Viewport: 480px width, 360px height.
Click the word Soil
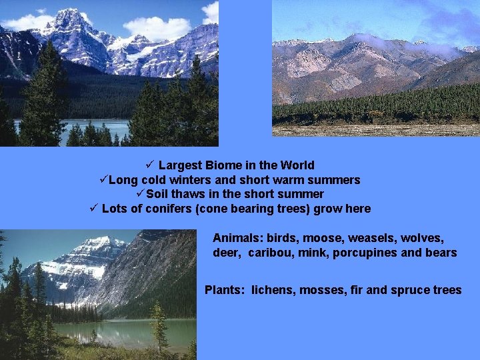click(x=158, y=195)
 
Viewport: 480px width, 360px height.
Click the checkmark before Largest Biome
click(x=149, y=165)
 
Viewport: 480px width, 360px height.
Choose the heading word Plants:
click(x=225, y=290)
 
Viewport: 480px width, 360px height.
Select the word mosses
click(x=321, y=290)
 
